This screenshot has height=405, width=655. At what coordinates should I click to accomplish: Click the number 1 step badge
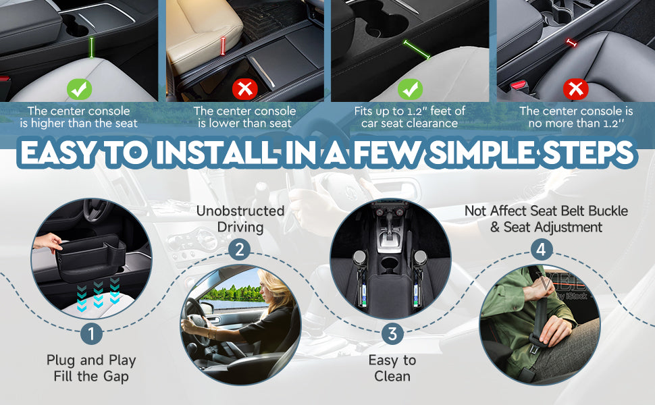pyautogui.click(x=91, y=333)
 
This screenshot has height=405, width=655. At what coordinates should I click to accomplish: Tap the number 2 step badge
pyautogui.click(x=239, y=250)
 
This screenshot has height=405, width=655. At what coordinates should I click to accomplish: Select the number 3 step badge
pyautogui.click(x=392, y=333)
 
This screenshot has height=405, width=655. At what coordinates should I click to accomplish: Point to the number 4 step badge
pyautogui.click(x=542, y=250)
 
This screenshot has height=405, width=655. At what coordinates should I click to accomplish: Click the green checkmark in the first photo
pyautogui.click(x=80, y=89)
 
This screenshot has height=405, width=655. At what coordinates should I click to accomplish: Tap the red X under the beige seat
pyautogui.click(x=245, y=89)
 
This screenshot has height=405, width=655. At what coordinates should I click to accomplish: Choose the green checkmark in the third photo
pyautogui.click(x=410, y=89)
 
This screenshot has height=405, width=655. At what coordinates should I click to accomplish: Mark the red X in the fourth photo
pyautogui.click(x=575, y=89)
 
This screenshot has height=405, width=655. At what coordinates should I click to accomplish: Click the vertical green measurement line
pyautogui.click(x=91, y=47)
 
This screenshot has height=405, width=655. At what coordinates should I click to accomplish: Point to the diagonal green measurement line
pyautogui.click(x=417, y=50)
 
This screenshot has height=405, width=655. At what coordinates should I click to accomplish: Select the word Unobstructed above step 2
pyautogui.click(x=240, y=211)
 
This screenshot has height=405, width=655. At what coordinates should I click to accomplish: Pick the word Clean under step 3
pyautogui.click(x=392, y=376)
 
